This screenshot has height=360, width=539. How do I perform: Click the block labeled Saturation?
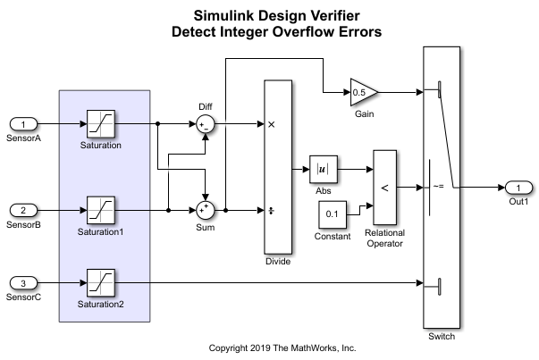click(x=99, y=123)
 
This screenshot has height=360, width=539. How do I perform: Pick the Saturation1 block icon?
click(x=99, y=211)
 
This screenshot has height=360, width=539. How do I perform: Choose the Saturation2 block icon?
click(x=99, y=283)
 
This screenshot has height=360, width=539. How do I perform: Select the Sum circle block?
click(x=206, y=211)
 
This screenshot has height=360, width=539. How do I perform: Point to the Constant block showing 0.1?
click(x=333, y=214)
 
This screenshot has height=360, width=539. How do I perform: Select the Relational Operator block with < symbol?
click(x=385, y=187)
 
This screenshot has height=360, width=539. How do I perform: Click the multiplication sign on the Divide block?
click(x=272, y=123)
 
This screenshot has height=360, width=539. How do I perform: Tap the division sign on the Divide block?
click(x=272, y=211)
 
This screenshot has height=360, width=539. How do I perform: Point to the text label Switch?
click(x=441, y=338)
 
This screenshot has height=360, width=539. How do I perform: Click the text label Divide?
click(x=279, y=262)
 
